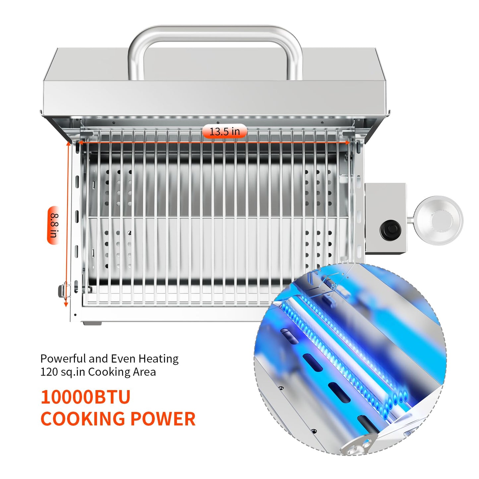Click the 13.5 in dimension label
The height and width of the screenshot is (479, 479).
(x=224, y=131)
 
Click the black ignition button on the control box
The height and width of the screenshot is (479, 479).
(x=390, y=229)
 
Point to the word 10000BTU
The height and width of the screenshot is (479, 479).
(x=86, y=397)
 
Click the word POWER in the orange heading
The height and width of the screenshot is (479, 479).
(x=163, y=419)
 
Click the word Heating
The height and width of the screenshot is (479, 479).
(x=158, y=359)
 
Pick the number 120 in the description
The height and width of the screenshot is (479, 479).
(x=49, y=372)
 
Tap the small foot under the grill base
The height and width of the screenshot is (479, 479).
(x=92, y=323)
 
